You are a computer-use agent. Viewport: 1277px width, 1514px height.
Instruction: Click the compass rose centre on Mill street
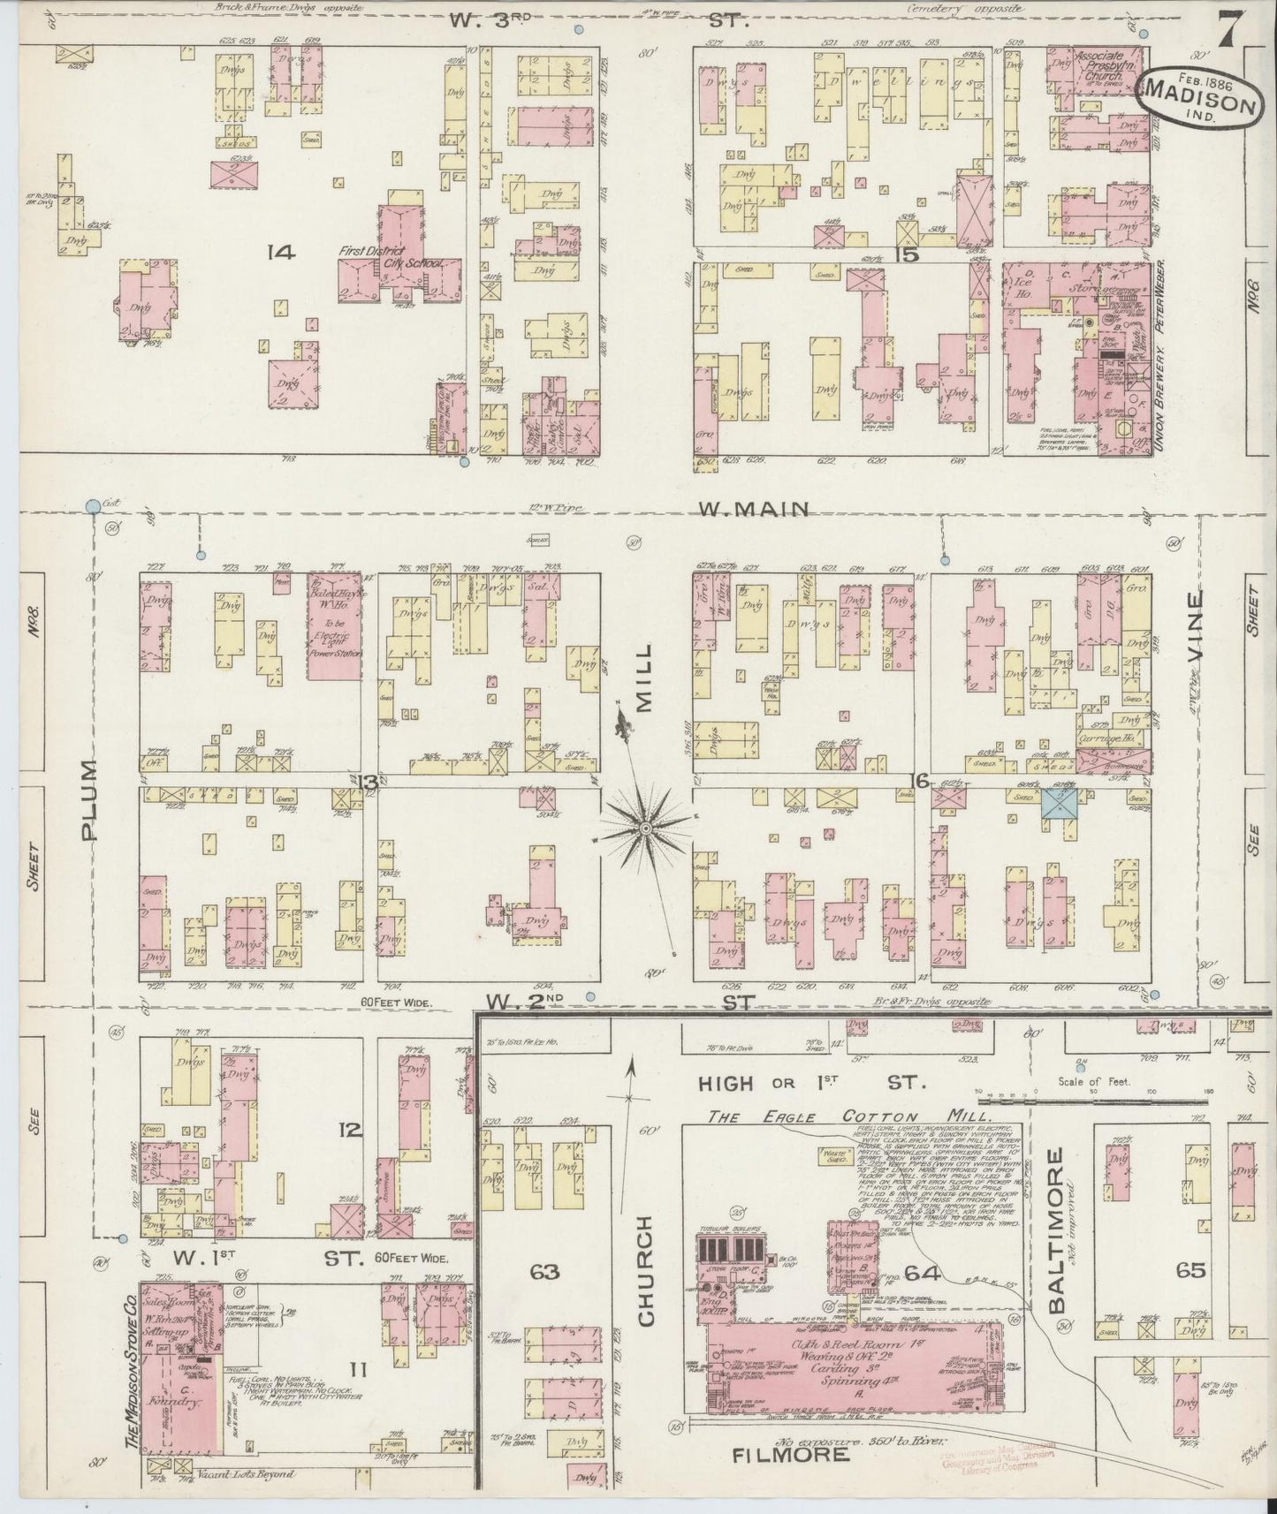[646, 828]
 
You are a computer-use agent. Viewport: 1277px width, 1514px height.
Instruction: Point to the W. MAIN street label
[754, 509]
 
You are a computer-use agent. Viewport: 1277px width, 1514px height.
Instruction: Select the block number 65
[1190, 1271]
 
